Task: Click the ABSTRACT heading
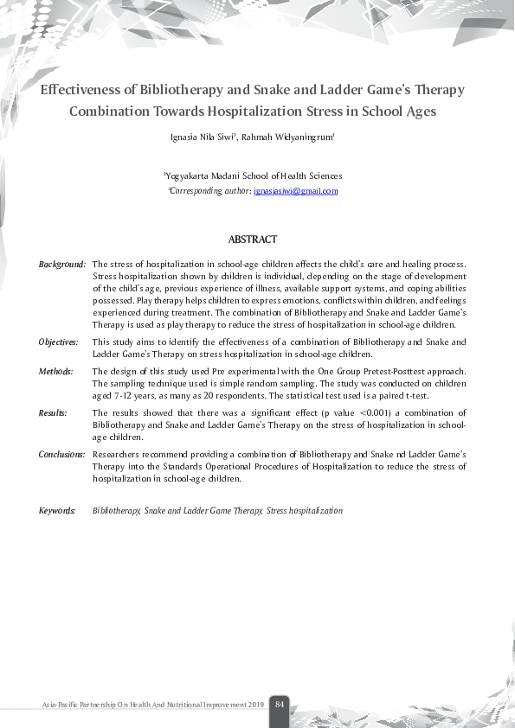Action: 253,239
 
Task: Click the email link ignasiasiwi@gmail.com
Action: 297,190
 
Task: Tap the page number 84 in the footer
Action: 280,705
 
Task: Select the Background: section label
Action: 62,264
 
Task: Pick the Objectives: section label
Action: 60,342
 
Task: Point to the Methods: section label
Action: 55,371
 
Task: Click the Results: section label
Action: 54,413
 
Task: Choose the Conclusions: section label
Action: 62,454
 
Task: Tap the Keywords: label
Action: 57,511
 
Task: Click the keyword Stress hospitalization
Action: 305,511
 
